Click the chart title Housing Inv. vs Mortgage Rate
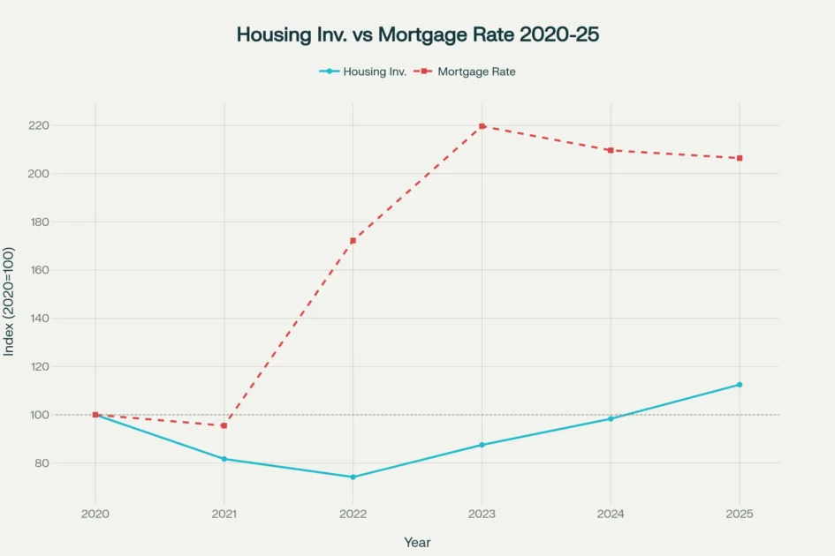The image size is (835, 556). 417,35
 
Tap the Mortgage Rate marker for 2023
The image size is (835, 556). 482,126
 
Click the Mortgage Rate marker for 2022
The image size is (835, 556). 353,241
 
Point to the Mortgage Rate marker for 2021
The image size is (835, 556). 224,425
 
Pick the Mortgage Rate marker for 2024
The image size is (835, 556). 611,150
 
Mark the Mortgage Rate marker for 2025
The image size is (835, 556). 740,158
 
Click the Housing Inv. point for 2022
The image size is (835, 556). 353,477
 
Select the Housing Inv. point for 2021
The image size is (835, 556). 224,459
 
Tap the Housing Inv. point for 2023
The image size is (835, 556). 482,445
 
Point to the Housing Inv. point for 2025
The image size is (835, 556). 740,385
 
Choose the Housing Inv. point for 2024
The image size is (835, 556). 611,418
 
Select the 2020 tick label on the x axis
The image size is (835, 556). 95,515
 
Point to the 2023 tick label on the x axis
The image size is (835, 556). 482,515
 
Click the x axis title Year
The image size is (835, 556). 417,542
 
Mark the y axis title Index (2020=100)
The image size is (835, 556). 10,302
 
